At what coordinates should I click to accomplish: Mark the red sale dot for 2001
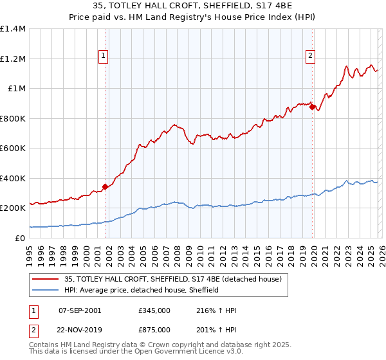point(106,186)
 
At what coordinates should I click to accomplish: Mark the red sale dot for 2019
point(312,107)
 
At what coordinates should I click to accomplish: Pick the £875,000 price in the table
point(154,329)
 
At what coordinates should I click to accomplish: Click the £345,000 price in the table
point(154,310)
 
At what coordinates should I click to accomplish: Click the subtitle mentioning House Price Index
point(193,18)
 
